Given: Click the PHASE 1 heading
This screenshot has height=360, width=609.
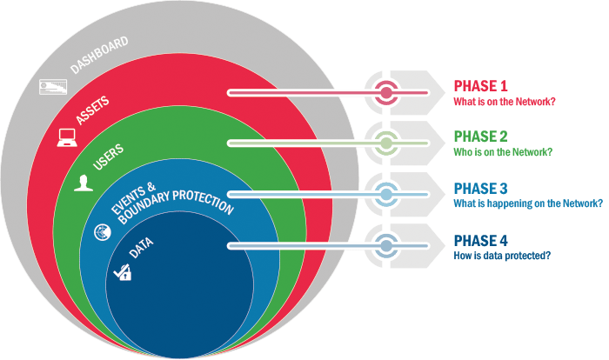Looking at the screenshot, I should (x=480, y=86).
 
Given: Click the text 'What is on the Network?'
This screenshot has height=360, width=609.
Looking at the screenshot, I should (x=505, y=103).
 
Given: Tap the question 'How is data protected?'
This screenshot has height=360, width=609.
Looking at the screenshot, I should (x=502, y=256).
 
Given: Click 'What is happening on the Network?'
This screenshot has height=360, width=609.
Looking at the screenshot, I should (x=528, y=203).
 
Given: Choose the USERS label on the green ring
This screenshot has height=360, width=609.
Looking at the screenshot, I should (x=108, y=157).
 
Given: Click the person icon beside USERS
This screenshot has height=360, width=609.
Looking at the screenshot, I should (x=84, y=183).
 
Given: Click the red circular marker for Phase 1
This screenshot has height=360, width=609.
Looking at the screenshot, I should (x=385, y=91).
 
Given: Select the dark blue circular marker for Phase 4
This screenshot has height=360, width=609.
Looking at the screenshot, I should (x=385, y=245).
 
